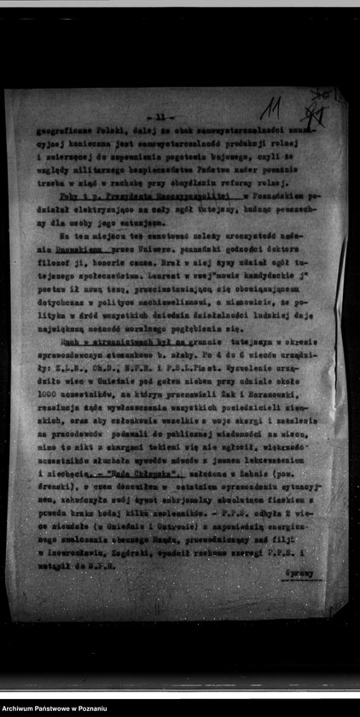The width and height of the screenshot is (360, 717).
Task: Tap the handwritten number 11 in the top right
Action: (x=271, y=108)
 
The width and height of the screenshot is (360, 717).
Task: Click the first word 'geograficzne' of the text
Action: (x=58, y=133)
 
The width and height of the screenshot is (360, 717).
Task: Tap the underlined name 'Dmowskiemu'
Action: (x=71, y=248)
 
